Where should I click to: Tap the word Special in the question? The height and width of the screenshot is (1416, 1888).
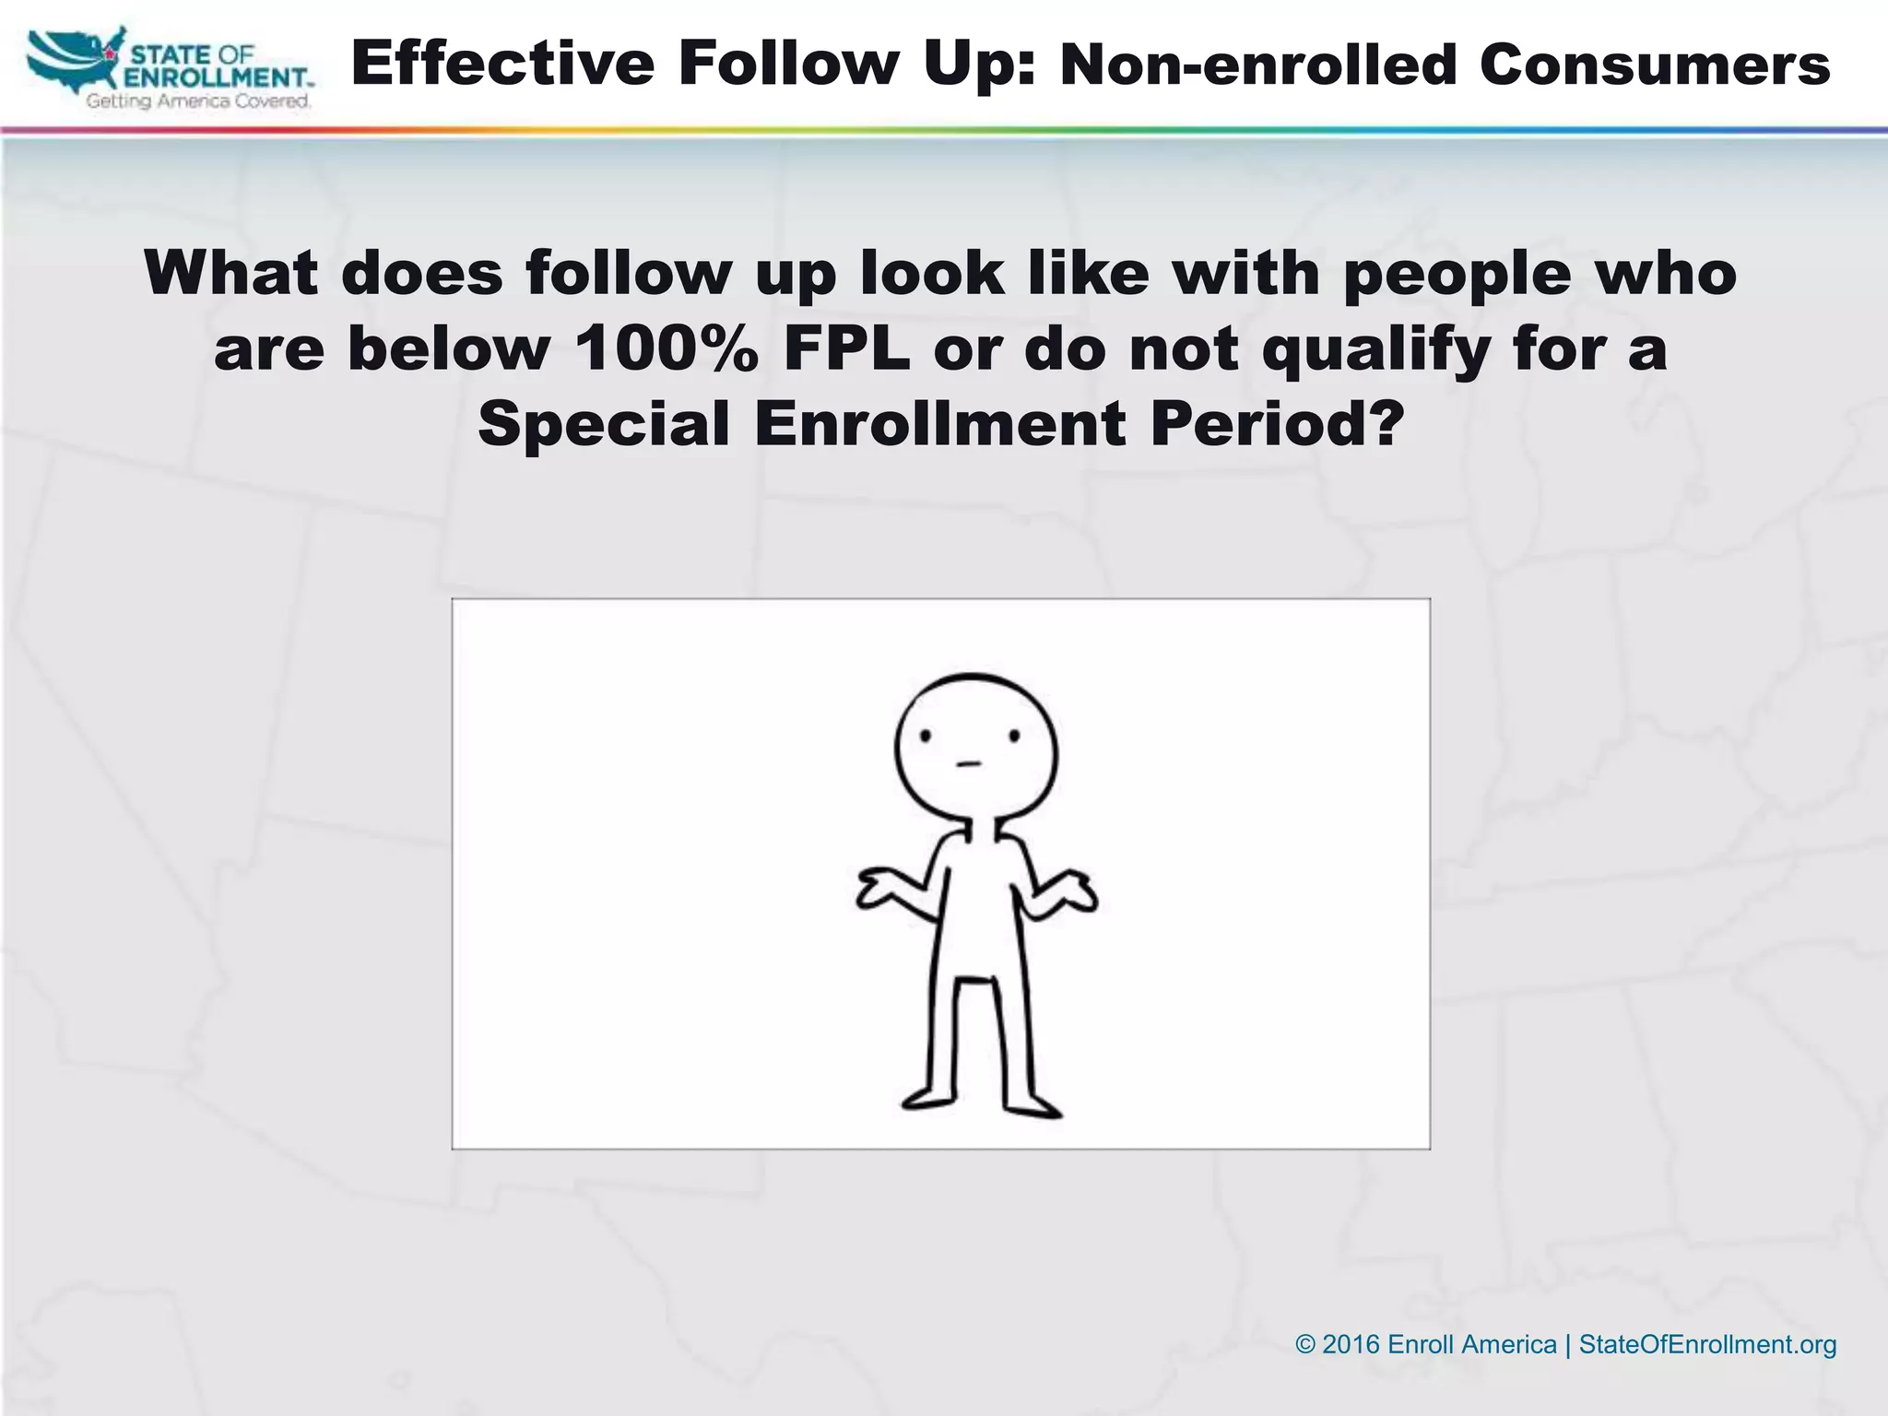(x=604, y=423)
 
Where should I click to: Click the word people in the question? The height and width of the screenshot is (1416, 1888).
(x=1456, y=275)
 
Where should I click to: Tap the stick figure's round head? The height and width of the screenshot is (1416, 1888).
(x=975, y=747)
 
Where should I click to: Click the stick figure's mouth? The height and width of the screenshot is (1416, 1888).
(x=966, y=763)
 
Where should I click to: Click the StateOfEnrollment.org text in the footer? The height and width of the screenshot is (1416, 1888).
(x=1707, y=1344)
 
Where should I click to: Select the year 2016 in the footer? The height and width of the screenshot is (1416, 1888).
(x=1351, y=1344)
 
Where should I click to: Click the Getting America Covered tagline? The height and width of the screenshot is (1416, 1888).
(x=198, y=101)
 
